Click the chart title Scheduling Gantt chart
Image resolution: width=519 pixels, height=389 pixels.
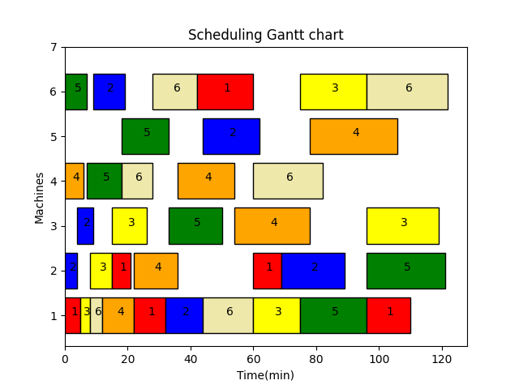click(265, 35)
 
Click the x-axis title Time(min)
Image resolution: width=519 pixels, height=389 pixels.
click(265, 375)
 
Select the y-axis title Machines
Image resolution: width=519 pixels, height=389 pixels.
click(40, 197)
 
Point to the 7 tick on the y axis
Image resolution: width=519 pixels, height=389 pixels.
click(53, 47)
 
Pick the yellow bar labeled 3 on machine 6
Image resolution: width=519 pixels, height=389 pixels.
click(333, 92)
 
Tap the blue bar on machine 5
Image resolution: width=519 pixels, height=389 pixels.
click(231, 136)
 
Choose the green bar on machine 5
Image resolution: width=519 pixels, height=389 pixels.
click(145, 136)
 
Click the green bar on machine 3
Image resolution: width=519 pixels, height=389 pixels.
click(195, 225)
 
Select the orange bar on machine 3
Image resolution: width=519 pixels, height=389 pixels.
click(272, 225)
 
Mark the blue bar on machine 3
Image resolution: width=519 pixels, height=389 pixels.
click(85, 225)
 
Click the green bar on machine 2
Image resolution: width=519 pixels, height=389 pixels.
click(405, 271)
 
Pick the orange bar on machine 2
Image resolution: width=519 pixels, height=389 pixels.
click(156, 271)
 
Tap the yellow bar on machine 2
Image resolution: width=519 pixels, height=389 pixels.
click(101, 271)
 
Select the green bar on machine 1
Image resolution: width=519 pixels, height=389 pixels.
click(333, 315)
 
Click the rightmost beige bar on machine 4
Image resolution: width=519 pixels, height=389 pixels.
click(288, 181)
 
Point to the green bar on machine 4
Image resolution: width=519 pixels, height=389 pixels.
click(104, 181)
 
